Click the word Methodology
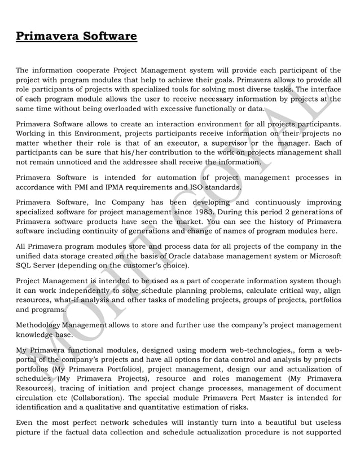[x=39, y=325]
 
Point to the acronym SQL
[x=24, y=265]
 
